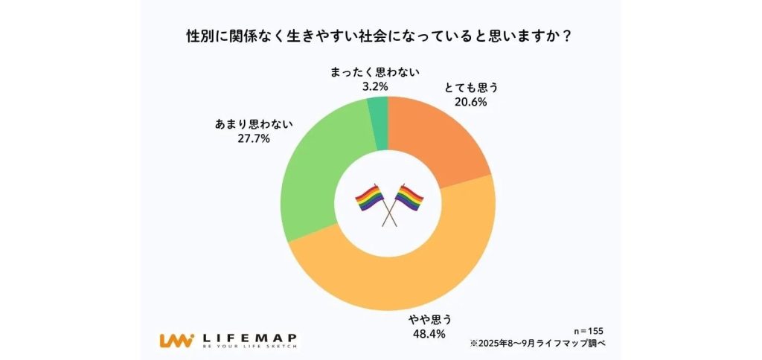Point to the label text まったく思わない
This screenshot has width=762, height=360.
(x=375, y=72)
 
